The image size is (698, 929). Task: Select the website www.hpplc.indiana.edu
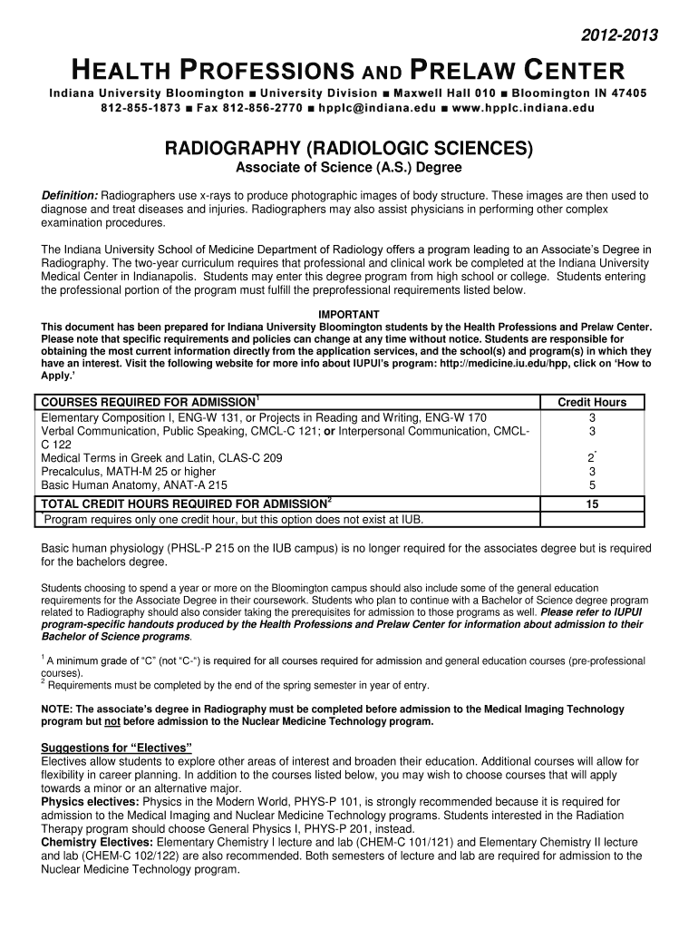pyautogui.click(x=520, y=109)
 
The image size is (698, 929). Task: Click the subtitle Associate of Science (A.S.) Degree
pyautogui.click(x=349, y=169)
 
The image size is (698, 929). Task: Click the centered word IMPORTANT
pyautogui.click(x=349, y=314)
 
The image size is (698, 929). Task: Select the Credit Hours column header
pyautogui.click(x=592, y=403)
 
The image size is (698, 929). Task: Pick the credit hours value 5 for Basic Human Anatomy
pyautogui.click(x=592, y=485)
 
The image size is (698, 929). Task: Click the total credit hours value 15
pyautogui.click(x=592, y=504)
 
